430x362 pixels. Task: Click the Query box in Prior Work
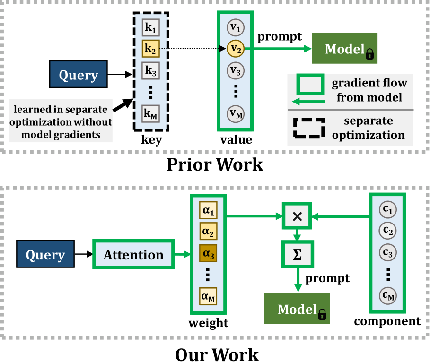[78, 75]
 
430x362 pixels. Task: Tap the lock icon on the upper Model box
[369, 55]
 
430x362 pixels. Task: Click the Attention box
[133, 255]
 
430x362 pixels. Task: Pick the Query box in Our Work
[45, 255]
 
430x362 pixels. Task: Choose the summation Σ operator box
[297, 253]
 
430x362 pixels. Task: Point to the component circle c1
[387, 209]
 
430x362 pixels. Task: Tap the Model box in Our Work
[297, 310]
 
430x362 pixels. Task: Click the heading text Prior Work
[215, 164]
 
